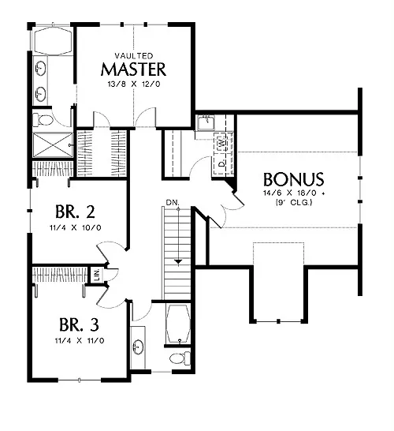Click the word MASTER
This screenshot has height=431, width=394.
click(134, 69)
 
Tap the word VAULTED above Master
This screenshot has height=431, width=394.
click(134, 56)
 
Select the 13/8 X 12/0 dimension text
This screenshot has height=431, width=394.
click(134, 84)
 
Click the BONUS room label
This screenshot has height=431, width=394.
click(294, 179)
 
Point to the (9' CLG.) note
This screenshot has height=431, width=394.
click(294, 203)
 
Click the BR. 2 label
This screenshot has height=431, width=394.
click(75, 212)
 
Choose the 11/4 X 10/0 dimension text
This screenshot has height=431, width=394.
click(75, 228)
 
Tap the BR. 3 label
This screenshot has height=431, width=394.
click(79, 324)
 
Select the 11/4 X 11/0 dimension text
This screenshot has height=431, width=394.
click(80, 341)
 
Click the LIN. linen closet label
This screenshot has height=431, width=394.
click(97, 275)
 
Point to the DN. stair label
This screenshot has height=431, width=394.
click(173, 203)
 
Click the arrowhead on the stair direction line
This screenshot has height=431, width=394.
click(178, 262)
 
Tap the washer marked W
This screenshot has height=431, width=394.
click(221, 143)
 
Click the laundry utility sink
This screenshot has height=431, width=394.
click(206, 122)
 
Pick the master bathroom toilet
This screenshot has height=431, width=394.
click(43, 121)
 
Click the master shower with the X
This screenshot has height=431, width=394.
click(53, 145)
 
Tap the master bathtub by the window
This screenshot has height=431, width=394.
click(53, 41)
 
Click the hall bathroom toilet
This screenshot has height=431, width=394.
click(180, 358)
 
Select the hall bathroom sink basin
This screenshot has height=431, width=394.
click(138, 347)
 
